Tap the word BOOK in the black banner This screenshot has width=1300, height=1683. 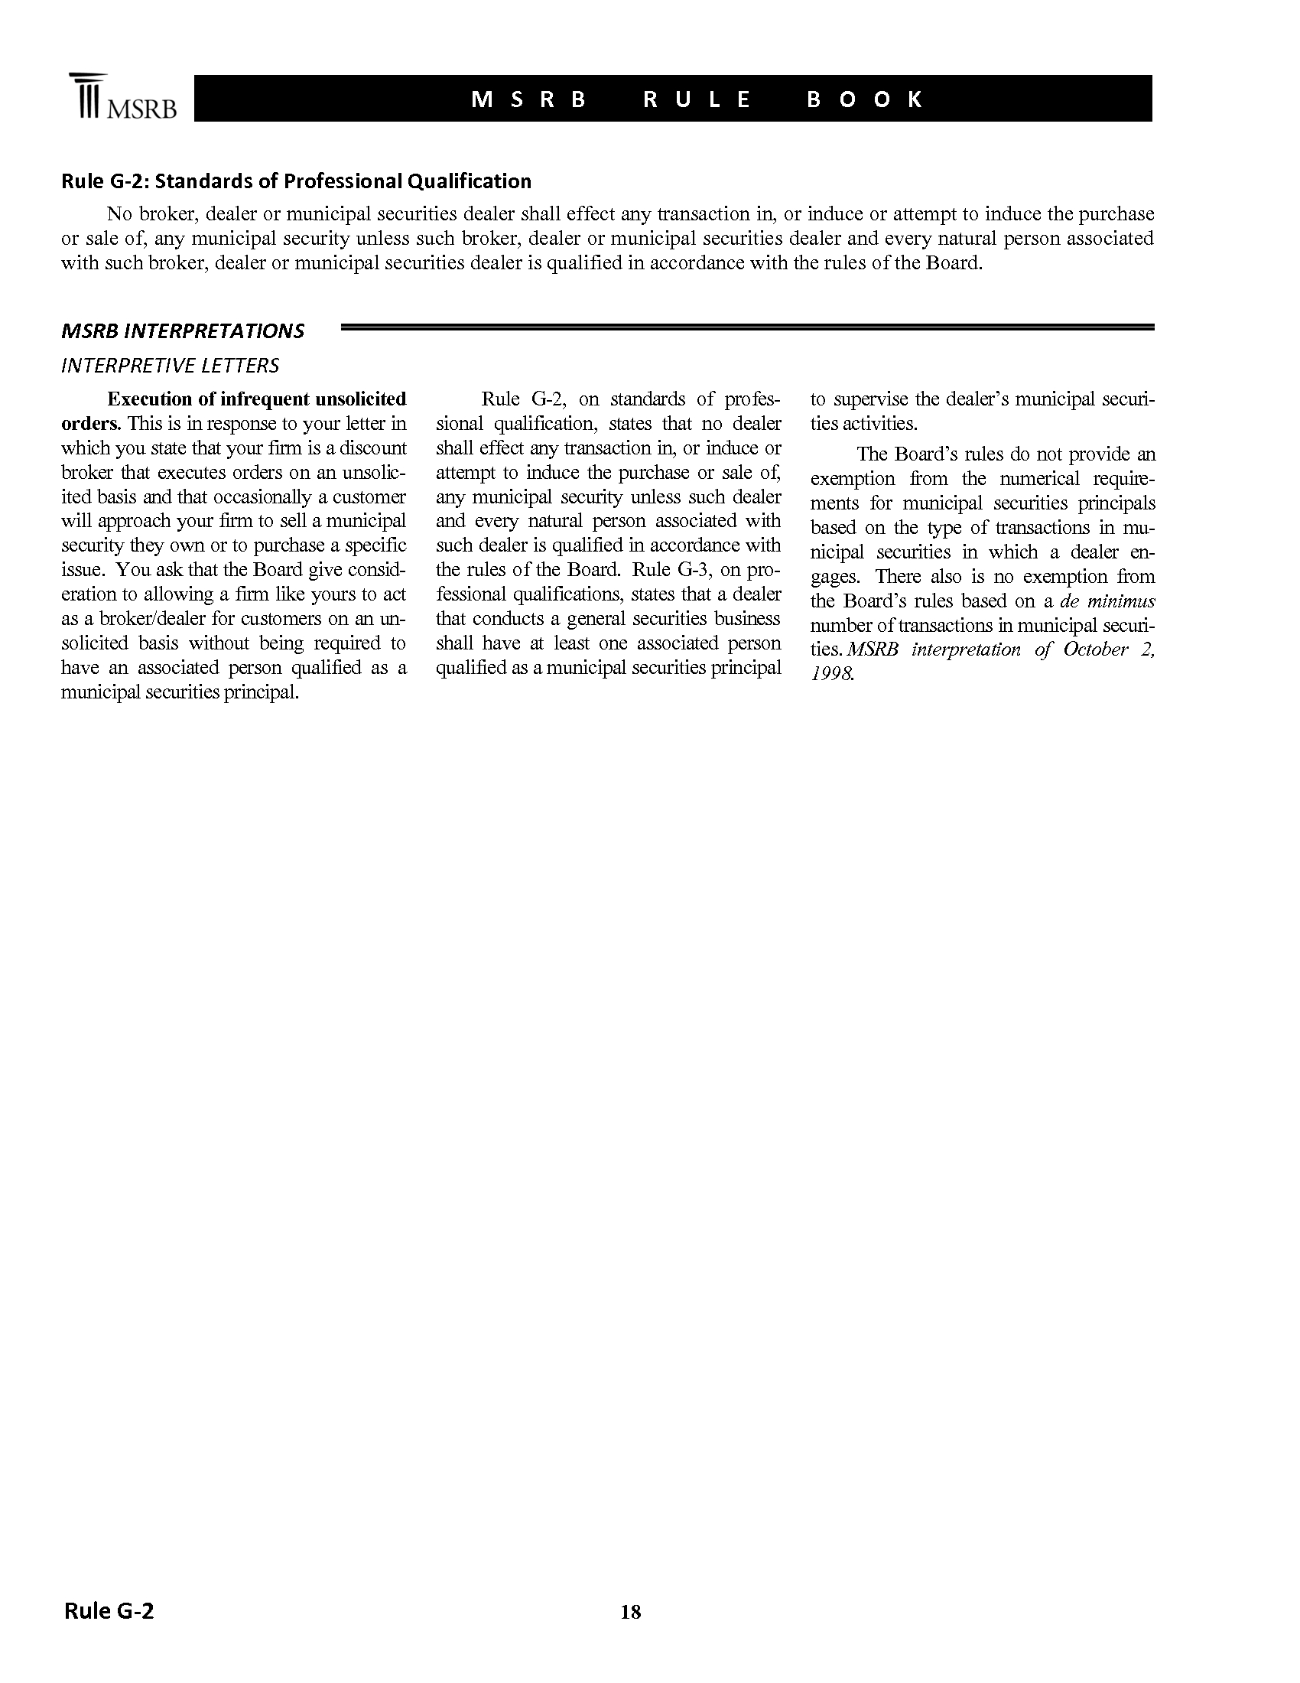point(864,99)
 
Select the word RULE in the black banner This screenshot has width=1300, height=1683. point(697,99)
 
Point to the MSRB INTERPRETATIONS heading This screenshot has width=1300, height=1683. point(183,331)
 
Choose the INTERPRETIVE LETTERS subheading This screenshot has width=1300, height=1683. point(170,365)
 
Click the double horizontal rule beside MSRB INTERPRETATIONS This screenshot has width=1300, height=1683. point(746,328)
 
